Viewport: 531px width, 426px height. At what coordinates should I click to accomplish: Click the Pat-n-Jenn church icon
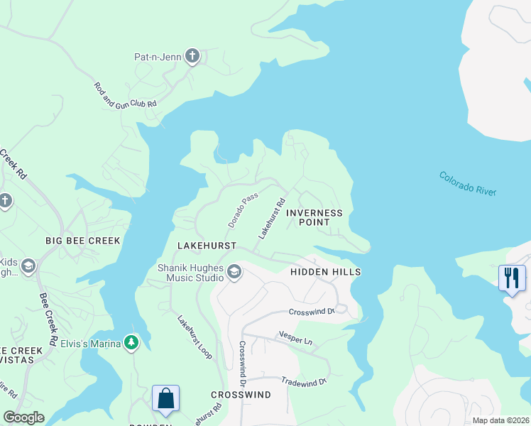point(192,56)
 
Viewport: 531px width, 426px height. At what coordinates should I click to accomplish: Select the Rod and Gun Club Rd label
point(125,94)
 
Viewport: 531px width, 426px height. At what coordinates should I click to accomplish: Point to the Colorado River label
point(467,183)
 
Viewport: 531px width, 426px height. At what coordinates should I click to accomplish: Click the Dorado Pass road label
point(242,212)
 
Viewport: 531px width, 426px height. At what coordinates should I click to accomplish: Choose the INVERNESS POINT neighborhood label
point(314,217)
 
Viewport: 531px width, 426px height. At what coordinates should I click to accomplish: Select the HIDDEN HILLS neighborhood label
point(326,272)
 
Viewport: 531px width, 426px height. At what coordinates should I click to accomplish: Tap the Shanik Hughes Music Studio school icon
point(234,272)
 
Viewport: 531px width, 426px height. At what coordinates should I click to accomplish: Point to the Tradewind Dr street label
point(303,381)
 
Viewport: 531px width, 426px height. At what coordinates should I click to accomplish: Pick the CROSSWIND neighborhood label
point(241,394)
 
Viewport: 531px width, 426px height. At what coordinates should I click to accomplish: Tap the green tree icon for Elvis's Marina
point(131,343)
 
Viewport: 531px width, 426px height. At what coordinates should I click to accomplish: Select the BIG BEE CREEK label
point(83,241)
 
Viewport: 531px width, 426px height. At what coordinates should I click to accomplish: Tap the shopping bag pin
point(165,398)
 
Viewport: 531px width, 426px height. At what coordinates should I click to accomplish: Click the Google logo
point(24,417)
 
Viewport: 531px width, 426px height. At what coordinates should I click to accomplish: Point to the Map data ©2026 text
point(500,420)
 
